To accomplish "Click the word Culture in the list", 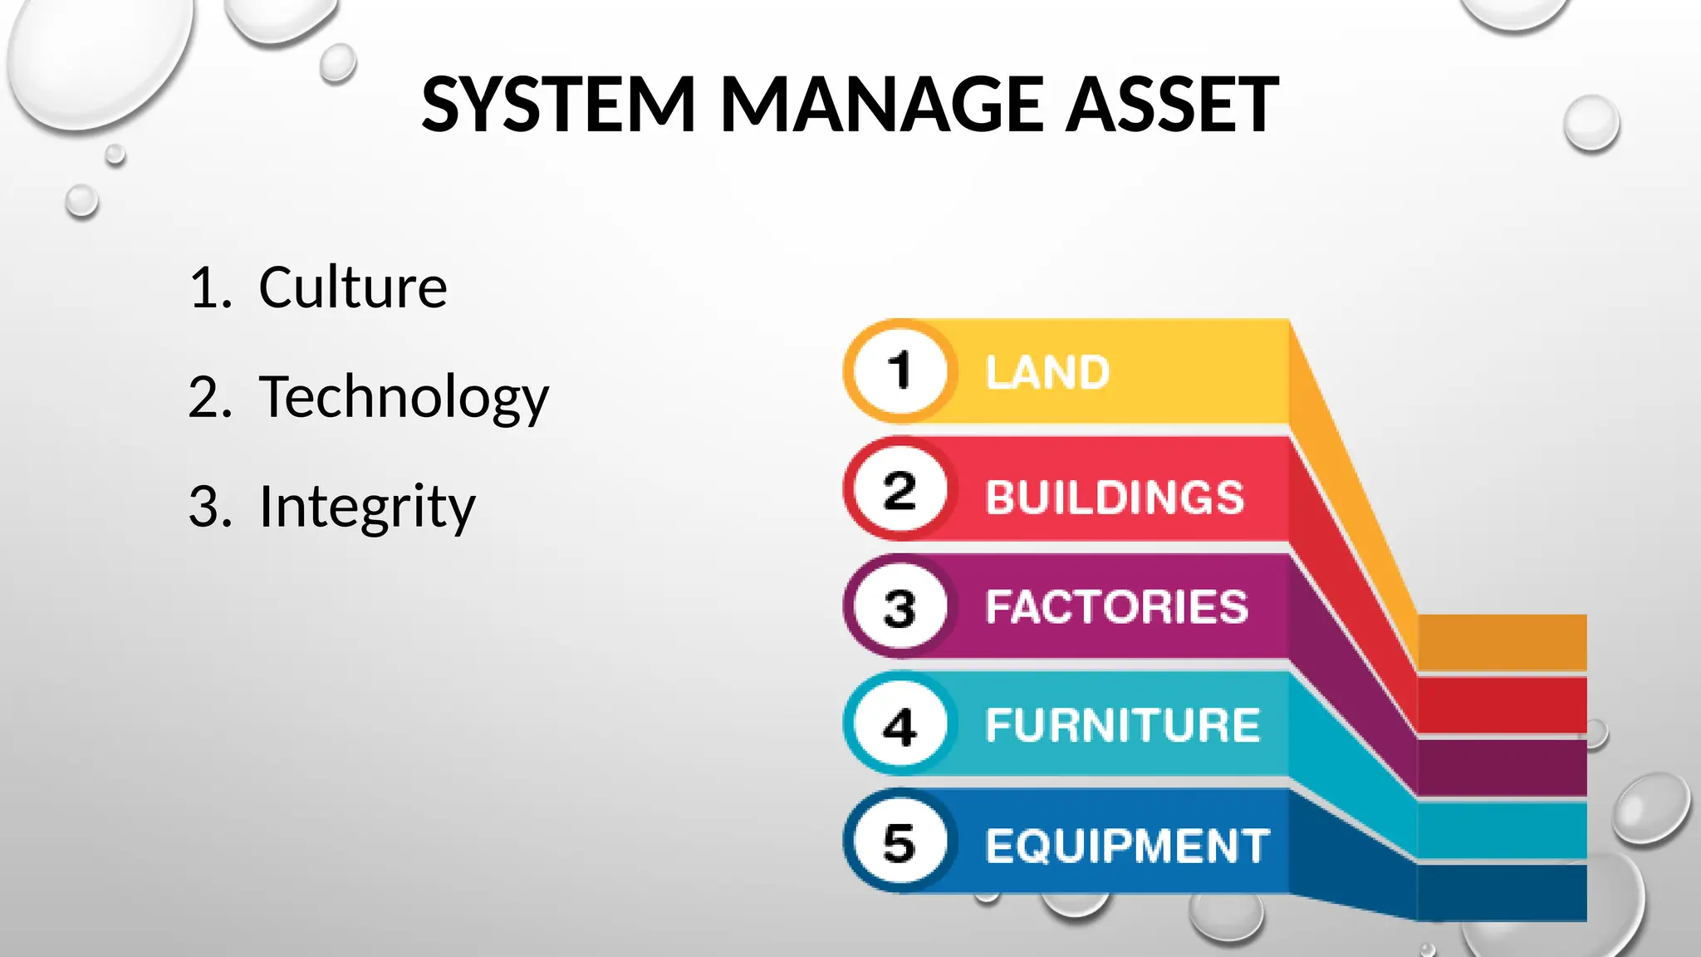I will click(353, 287).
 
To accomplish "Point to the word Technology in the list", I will click(404, 397).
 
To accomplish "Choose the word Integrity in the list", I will click(367, 506).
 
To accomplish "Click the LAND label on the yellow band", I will click(1047, 372).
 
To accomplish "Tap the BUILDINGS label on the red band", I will click(1115, 497).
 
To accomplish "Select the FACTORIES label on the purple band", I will click(1117, 606).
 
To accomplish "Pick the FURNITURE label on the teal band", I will click(1123, 725).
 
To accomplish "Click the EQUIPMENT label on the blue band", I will click(1128, 846).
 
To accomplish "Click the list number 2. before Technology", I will click(210, 397).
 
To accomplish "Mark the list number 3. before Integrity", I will click(210, 506).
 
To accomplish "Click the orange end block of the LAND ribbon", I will click(1502, 642).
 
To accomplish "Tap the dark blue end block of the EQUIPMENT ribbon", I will click(1502, 893).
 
